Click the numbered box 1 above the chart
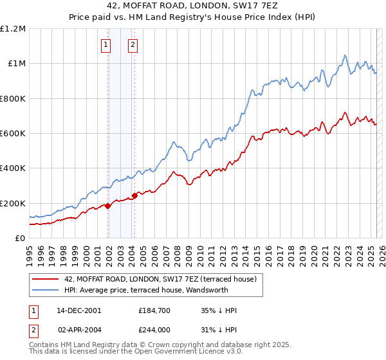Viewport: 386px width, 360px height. pos(106,44)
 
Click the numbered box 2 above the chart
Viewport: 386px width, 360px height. pos(133,44)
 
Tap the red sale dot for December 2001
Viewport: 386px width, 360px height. pos(108,206)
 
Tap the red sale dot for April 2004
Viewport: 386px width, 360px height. pos(134,195)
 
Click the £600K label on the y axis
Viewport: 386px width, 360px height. pos(13,134)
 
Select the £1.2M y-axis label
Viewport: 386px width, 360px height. pos(13,29)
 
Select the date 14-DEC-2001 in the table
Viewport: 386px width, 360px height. pos(79,310)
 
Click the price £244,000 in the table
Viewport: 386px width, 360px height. pos(154,328)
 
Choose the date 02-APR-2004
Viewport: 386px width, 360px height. pos(79,328)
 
